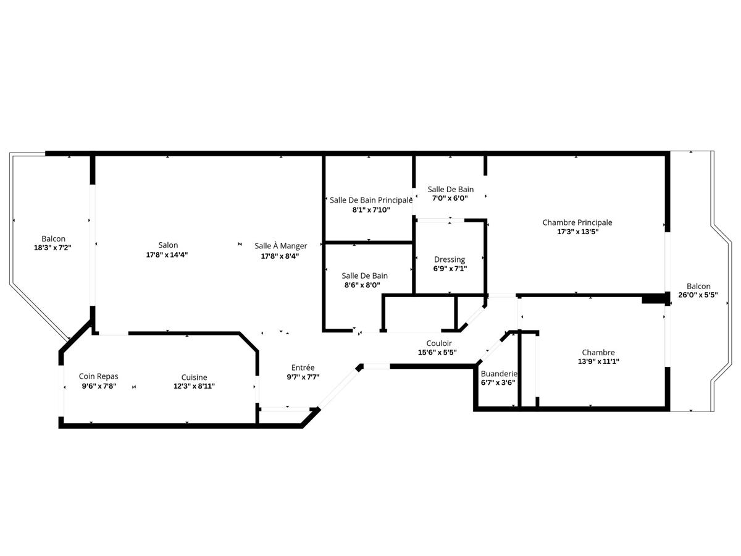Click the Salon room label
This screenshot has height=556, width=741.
click(x=168, y=245)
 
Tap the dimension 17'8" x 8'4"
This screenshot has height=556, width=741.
click(x=280, y=255)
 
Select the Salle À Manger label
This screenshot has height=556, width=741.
click(x=280, y=246)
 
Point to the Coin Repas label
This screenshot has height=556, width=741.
click(x=98, y=376)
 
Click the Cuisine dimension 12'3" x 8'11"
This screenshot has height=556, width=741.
click(x=194, y=386)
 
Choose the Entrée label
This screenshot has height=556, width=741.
click(x=303, y=368)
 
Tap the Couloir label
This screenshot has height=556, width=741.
click(x=439, y=343)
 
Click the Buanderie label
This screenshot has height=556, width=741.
click(x=498, y=374)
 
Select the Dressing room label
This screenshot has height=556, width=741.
click(x=450, y=259)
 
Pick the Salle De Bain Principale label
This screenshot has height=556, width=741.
click(x=371, y=200)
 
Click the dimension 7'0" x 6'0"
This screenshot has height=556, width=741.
click(x=451, y=198)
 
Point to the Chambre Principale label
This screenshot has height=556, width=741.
click(x=577, y=222)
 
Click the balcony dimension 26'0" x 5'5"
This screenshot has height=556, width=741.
click(x=698, y=295)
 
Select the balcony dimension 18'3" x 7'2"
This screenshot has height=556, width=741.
click(x=53, y=248)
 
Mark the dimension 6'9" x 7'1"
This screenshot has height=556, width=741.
click(x=450, y=269)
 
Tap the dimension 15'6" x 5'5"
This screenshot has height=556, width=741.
click(x=439, y=353)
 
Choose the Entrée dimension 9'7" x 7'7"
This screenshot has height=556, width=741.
click(x=303, y=377)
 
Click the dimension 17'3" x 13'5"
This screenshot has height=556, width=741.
click(x=577, y=232)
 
